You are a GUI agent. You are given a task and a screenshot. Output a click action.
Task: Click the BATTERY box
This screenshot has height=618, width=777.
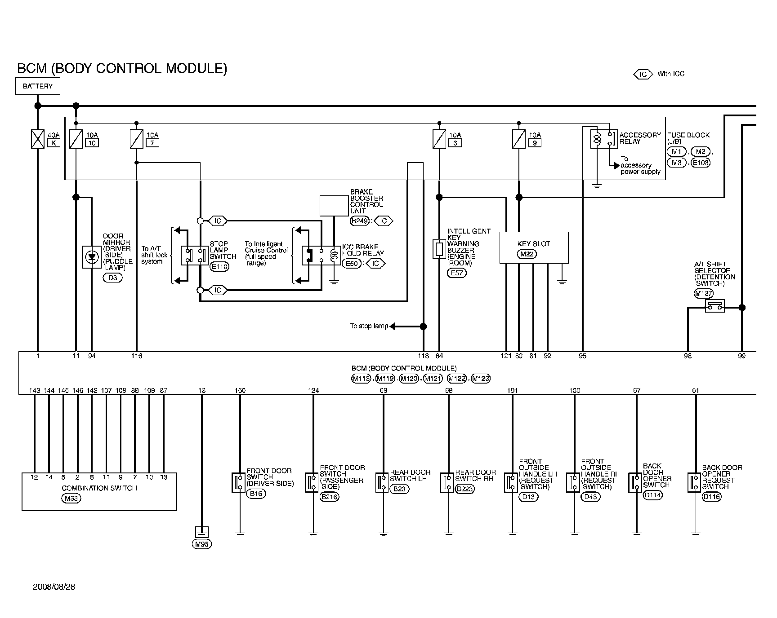click(38, 86)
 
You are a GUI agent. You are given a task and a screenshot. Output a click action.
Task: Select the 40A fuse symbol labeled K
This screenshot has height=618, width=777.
click(38, 139)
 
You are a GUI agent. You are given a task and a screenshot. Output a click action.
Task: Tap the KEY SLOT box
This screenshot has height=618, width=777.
click(534, 247)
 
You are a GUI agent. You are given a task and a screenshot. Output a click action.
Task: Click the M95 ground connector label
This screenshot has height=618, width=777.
click(201, 544)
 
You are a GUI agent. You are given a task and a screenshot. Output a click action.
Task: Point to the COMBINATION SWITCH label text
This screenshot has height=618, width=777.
click(99, 488)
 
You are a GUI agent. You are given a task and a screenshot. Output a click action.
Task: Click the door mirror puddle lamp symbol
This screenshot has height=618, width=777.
click(92, 257)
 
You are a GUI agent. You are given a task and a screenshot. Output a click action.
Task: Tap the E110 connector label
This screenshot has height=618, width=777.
click(219, 267)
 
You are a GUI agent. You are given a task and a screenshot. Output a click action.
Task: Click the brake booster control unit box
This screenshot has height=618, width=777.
click(334, 206)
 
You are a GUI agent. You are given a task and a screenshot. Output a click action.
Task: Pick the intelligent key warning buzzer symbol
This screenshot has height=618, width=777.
click(439, 249)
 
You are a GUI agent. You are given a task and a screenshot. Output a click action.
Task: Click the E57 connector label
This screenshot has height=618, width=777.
click(456, 273)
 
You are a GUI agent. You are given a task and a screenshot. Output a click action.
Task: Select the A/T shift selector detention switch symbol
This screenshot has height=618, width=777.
click(714, 306)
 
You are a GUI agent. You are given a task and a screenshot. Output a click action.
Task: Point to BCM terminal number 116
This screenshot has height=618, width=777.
click(136, 356)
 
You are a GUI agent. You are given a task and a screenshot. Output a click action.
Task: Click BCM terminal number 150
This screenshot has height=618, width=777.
click(240, 391)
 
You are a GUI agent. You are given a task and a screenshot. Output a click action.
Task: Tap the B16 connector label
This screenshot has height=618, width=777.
click(256, 494)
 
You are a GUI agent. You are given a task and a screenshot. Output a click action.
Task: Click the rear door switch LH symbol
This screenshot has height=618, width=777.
click(382, 482)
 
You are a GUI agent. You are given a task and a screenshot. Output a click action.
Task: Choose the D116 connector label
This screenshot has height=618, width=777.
click(711, 497)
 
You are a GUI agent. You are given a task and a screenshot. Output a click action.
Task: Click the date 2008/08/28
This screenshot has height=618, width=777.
click(54, 587)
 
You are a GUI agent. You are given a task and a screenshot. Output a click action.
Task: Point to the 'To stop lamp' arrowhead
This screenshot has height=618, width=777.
click(392, 327)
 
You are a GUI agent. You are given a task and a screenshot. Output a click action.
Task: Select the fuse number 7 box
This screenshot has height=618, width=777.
click(153, 143)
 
